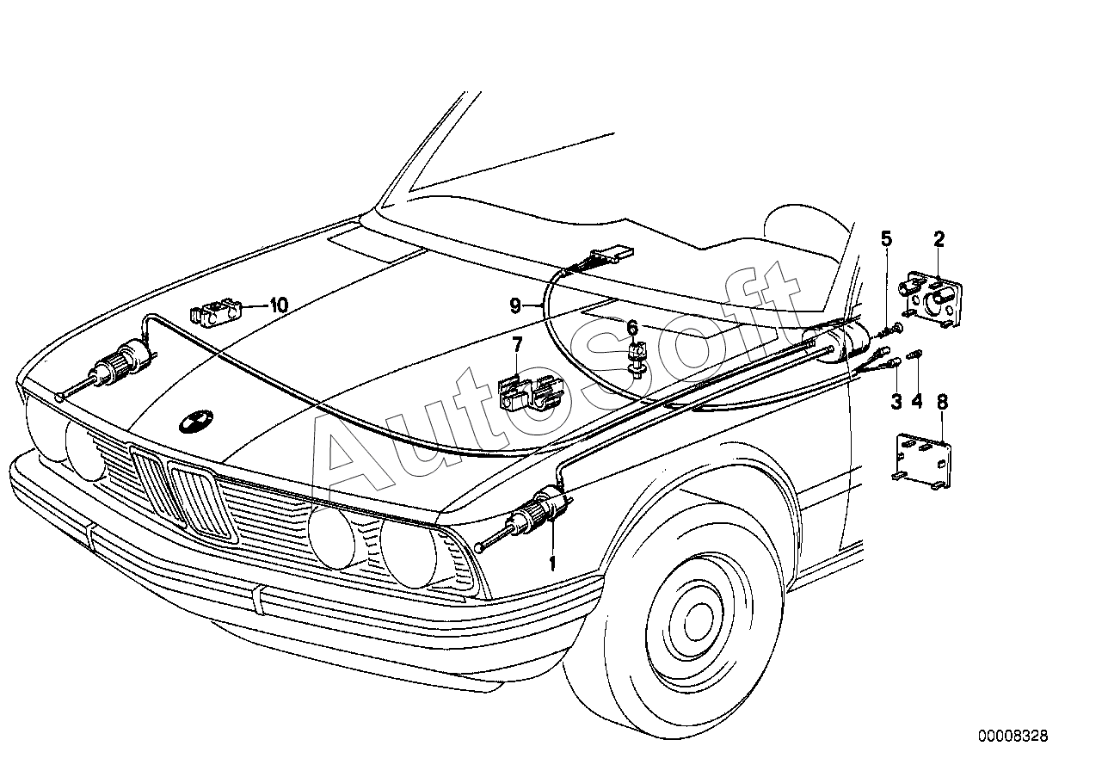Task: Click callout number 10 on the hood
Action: [x=279, y=305]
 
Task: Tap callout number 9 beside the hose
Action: [x=515, y=306]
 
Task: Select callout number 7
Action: [x=517, y=345]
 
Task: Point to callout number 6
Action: [x=632, y=328]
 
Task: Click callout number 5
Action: [x=886, y=239]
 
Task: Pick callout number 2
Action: [x=939, y=239]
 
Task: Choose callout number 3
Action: [x=896, y=401]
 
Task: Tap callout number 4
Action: [x=916, y=401]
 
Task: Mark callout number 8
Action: [x=942, y=403]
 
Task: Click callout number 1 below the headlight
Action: [x=552, y=564]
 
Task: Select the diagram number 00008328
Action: [x=1013, y=736]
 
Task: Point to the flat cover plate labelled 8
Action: [x=924, y=462]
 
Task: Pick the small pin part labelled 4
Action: [x=915, y=355]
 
